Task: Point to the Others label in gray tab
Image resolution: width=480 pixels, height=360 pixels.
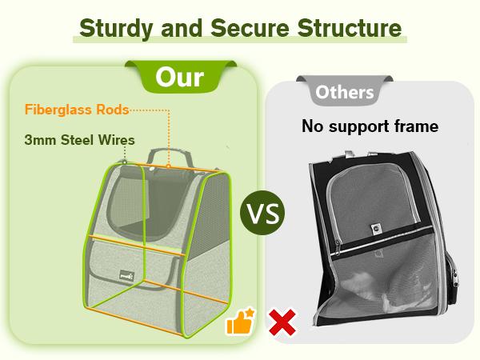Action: pos(345,92)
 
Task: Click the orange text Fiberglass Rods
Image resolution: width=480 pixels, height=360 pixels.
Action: pos(77,110)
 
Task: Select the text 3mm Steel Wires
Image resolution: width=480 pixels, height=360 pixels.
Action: pos(78,140)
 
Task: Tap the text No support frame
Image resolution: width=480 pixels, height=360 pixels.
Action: pos(370,126)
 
